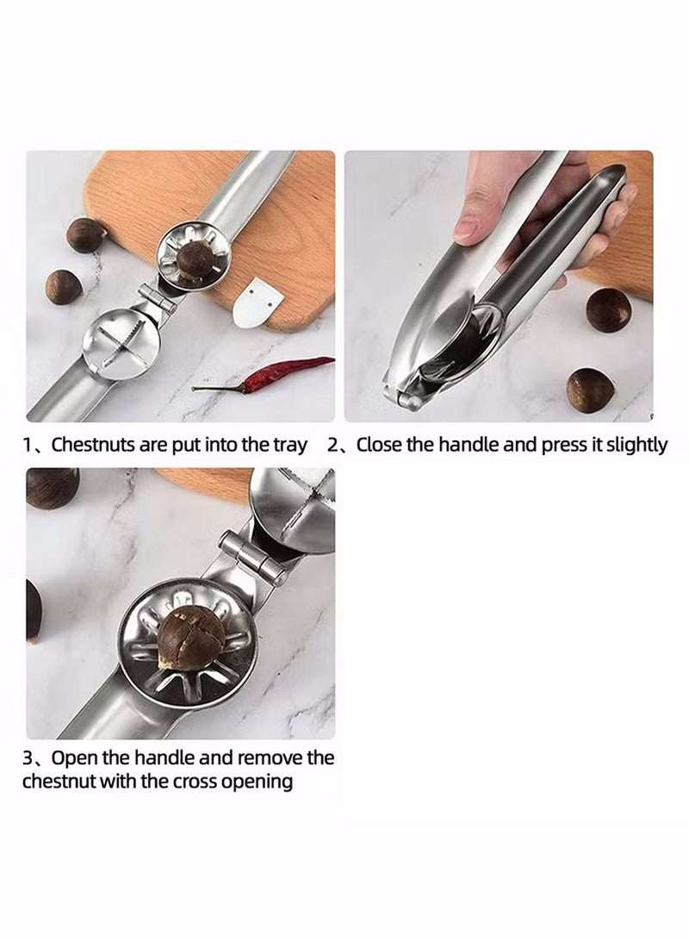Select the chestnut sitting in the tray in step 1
(x=197, y=261)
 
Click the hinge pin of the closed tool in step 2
(x=413, y=400)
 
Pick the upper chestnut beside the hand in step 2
(x=608, y=310)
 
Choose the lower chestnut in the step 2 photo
(x=591, y=389)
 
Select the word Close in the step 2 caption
(x=381, y=445)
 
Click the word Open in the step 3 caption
(x=73, y=758)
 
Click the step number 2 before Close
(x=332, y=445)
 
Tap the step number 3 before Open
(x=28, y=758)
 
